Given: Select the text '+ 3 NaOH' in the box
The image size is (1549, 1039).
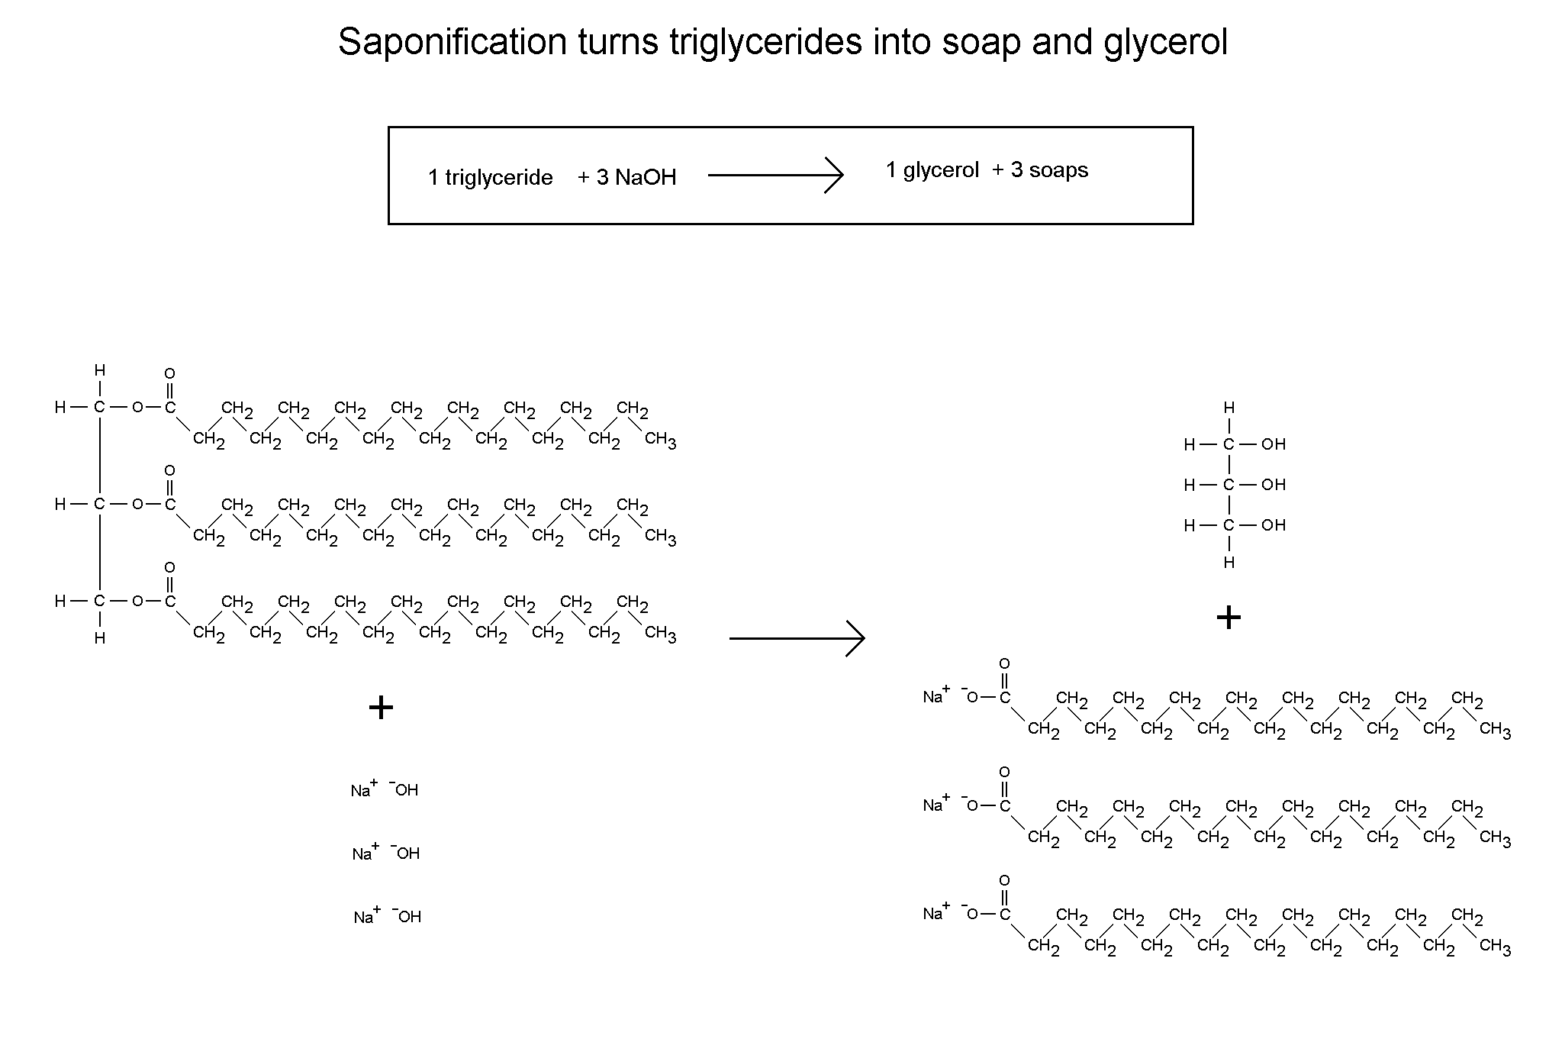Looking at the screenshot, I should coord(626,177).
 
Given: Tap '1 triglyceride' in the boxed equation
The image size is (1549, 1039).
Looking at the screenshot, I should coord(490,178).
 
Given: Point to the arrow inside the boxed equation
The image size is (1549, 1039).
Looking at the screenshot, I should coord(774,176).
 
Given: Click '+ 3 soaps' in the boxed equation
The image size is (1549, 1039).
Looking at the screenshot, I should coord(1039,169).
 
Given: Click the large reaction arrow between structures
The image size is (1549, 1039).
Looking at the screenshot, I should coord(797,637).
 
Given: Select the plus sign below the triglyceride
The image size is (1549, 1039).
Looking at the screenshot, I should coord(381,708).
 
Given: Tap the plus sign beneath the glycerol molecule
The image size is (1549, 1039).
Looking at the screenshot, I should coord(1229,617).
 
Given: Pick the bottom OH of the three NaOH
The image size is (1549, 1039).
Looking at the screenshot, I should coord(409,916).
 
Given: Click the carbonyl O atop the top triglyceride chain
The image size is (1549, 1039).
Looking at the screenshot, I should coord(169,373).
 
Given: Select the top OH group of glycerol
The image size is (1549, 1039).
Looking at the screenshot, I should coord(1274,444).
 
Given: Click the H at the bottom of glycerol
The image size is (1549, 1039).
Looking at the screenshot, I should coord(1229,563).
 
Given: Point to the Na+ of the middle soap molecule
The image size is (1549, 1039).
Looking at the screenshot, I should coord(936,805).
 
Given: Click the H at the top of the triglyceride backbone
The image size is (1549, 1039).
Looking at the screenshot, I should coord(100,370).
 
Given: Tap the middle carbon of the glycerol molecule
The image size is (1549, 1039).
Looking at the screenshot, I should coord(1229,485).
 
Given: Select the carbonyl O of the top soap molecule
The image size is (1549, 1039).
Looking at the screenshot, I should coord(1004,663).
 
